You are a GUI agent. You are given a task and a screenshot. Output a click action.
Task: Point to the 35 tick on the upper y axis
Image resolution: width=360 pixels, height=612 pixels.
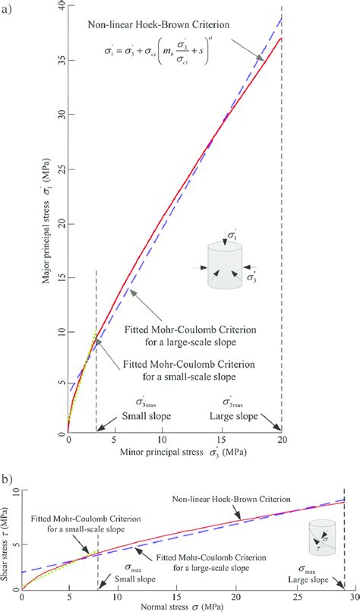(58, 60)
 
